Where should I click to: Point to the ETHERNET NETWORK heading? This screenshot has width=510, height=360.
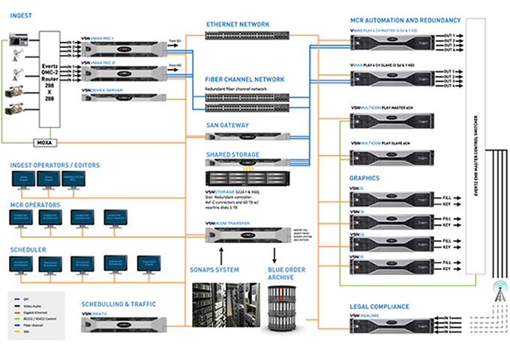pos(237,25)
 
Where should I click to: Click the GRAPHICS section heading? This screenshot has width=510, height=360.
pos(365,178)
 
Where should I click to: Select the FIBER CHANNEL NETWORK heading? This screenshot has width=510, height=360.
pos(244,79)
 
